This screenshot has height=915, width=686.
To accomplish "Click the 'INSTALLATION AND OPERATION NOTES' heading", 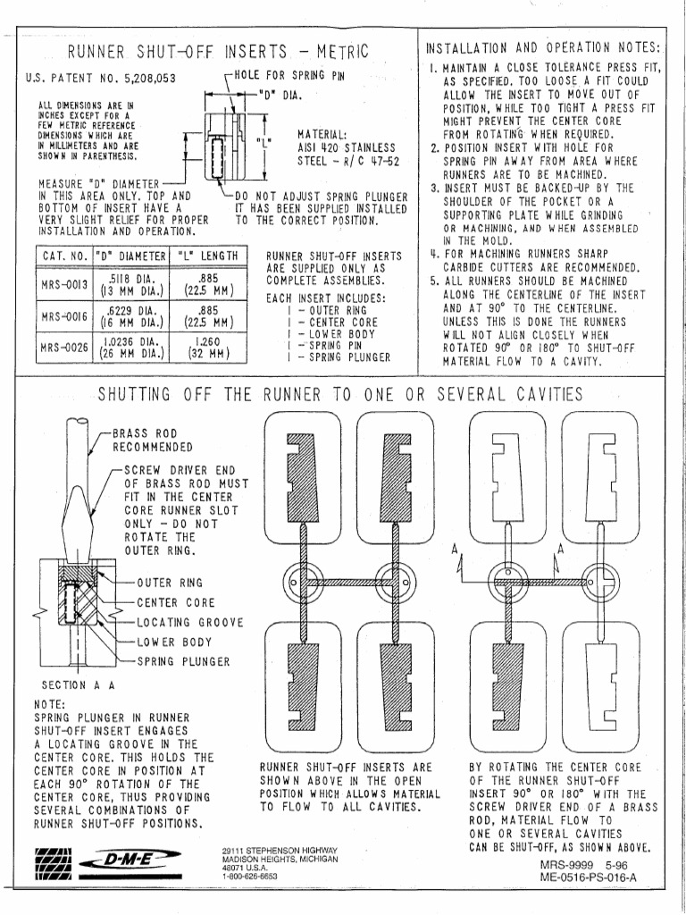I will pos(544,46).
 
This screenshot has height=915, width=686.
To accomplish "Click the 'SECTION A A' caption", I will pos(78,684).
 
